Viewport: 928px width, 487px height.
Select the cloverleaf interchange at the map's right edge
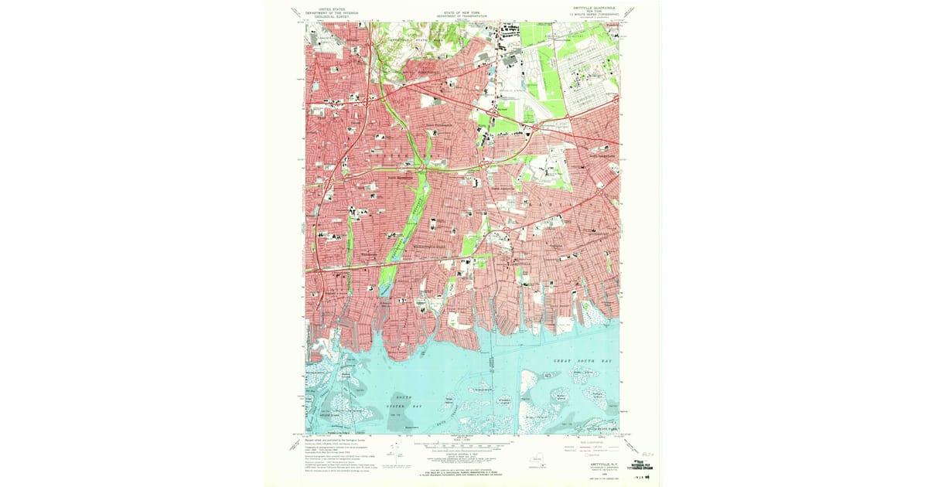614,99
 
